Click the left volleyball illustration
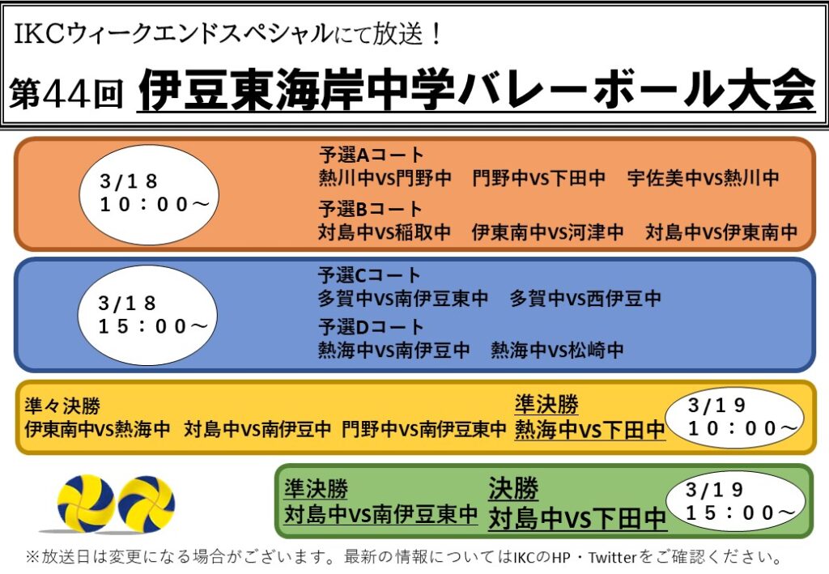[86, 503]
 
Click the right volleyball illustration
[146, 504]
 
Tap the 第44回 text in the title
[66, 94]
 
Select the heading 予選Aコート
[371, 155]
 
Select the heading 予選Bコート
[370, 209]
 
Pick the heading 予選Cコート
[369, 274]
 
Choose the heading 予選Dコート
[371, 326]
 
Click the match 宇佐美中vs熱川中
[704, 178]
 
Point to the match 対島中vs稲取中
[385, 232]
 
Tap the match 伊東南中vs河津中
[547, 232]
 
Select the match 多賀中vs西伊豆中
[585, 298]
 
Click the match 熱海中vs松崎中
[557, 350]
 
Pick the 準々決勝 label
[62, 406]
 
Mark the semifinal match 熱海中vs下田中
[589, 430]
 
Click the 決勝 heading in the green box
[512, 488]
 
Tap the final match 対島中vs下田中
[576, 518]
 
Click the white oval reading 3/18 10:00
[149, 194]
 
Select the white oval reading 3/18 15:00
[147, 316]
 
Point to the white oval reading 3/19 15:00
[735, 502]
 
